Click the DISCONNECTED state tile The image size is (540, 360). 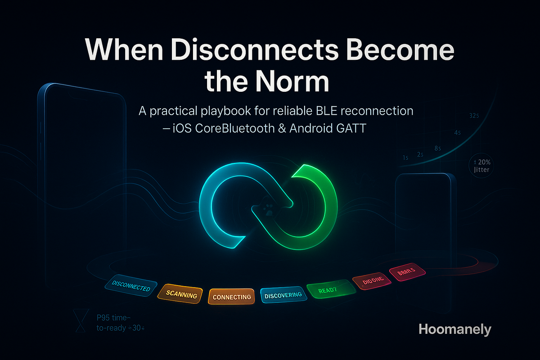click(x=130, y=287)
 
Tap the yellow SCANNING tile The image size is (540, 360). click(x=181, y=295)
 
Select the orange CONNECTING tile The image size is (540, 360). click(x=232, y=297)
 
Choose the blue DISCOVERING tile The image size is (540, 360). click(x=283, y=296)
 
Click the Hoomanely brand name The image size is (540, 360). click(x=454, y=329)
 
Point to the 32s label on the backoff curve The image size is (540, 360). click(x=473, y=116)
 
